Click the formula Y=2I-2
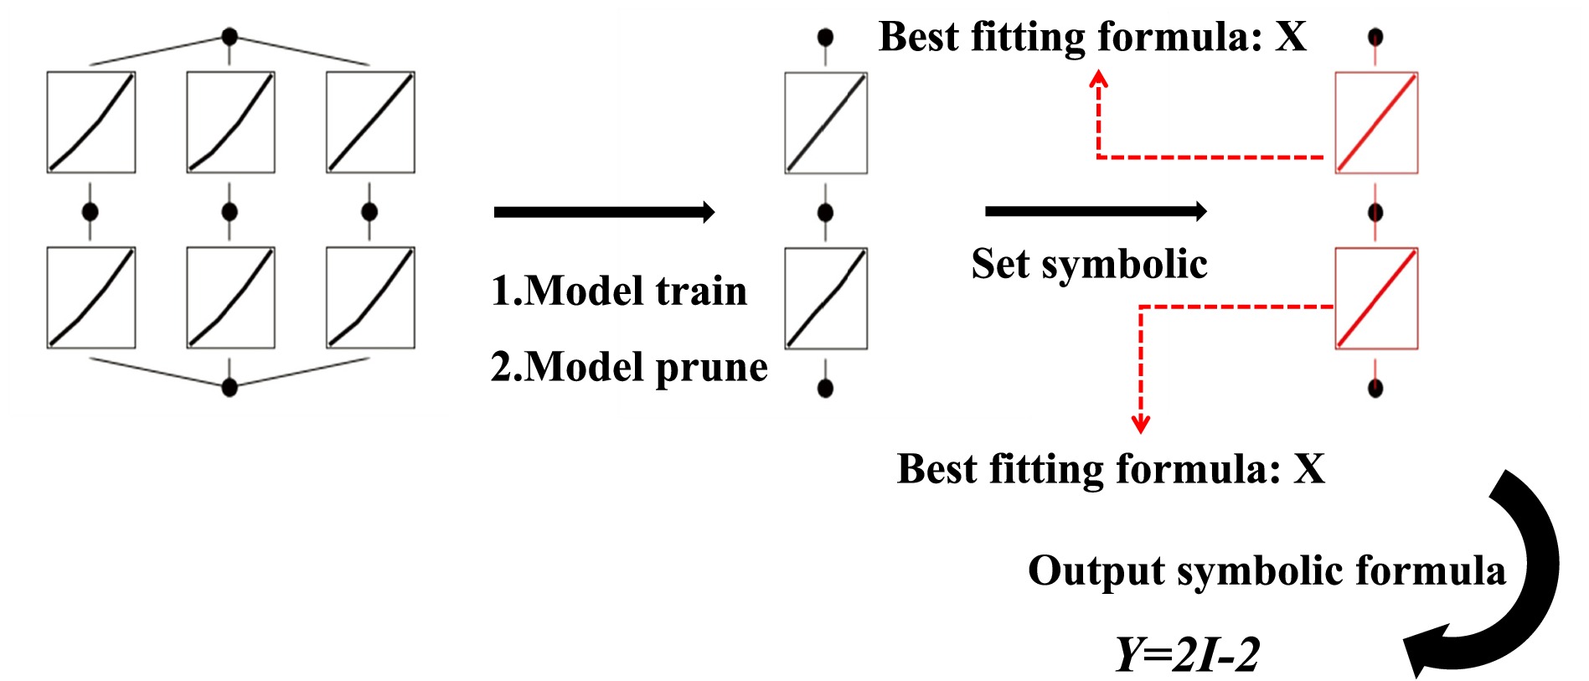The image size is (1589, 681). (1187, 654)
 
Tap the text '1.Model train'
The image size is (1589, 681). (619, 291)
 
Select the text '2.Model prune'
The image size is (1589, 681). (629, 367)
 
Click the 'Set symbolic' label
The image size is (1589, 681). (1089, 264)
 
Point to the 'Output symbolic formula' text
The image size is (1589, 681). (1267, 570)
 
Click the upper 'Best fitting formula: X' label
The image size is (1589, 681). (1092, 37)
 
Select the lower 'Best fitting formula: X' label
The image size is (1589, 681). (1111, 468)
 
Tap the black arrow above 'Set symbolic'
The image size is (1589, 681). (1096, 211)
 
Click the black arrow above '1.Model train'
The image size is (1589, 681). (604, 212)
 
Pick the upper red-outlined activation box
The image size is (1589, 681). (1376, 123)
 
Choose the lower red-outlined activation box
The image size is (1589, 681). (1376, 298)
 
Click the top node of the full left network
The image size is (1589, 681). (230, 37)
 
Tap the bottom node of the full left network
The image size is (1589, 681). (230, 386)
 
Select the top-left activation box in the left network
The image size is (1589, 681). (90, 122)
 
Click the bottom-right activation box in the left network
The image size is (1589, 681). (370, 297)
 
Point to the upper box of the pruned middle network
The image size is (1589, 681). (826, 123)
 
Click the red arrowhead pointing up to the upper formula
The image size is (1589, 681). (1099, 78)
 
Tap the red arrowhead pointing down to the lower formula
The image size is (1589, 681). (1140, 425)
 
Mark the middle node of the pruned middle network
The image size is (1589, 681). (825, 213)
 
